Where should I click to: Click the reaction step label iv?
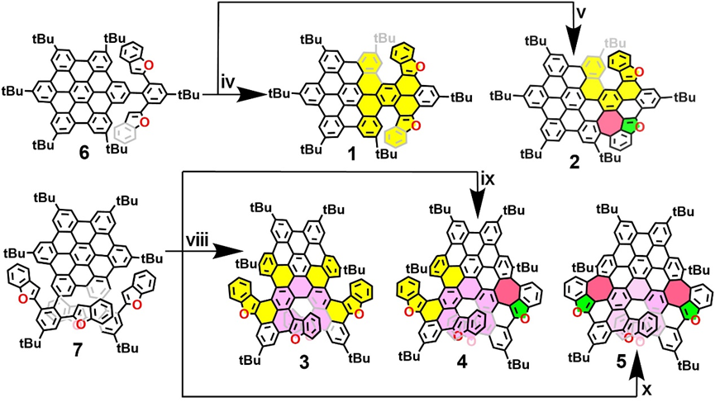pos(229,83)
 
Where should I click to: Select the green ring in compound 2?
pos(635,125)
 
